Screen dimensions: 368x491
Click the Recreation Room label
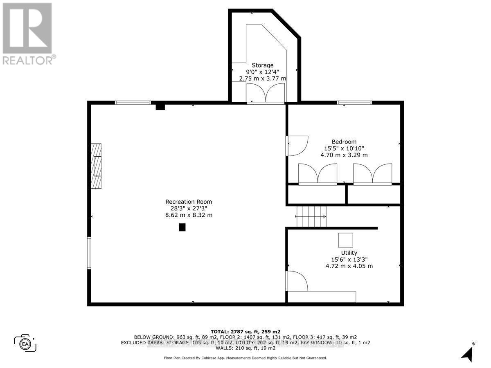(x=189, y=202)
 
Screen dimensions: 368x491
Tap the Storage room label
(x=262, y=65)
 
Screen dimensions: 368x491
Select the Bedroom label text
(x=344, y=142)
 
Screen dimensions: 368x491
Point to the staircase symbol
(x=311, y=217)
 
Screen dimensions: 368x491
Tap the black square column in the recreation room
(x=182, y=227)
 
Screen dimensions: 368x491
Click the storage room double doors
(x=266, y=93)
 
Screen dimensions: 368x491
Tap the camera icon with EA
(x=25, y=343)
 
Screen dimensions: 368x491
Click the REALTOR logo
(x=27, y=33)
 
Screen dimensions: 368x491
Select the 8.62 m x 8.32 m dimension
(x=189, y=215)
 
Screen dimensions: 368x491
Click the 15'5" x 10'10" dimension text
(x=344, y=148)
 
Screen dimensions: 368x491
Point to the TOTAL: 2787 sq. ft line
(x=245, y=331)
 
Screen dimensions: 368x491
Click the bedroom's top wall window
(x=354, y=102)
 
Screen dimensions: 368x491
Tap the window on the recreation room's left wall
(x=89, y=253)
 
